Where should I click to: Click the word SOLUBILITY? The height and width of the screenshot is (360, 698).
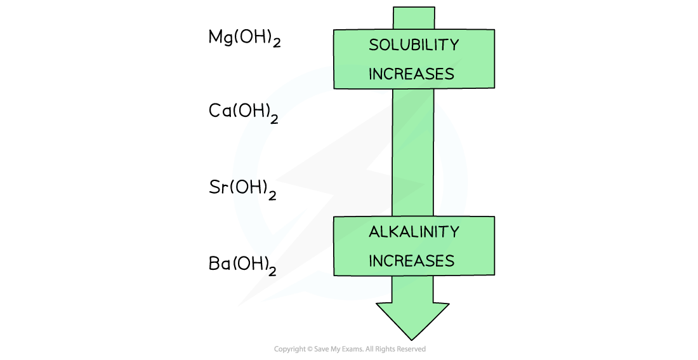click(414, 45)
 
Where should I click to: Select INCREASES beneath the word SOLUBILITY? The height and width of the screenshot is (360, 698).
click(411, 74)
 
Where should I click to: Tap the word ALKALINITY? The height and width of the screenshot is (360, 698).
click(414, 232)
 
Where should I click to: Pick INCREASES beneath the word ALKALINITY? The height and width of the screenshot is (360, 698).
click(411, 261)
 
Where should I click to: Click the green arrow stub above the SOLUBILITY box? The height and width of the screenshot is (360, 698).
click(414, 18)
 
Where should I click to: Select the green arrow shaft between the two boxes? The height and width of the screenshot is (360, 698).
click(413, 152)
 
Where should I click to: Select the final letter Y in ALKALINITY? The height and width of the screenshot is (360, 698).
click(454, 232)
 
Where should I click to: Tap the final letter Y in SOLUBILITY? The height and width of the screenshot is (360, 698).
click(454, 45)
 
